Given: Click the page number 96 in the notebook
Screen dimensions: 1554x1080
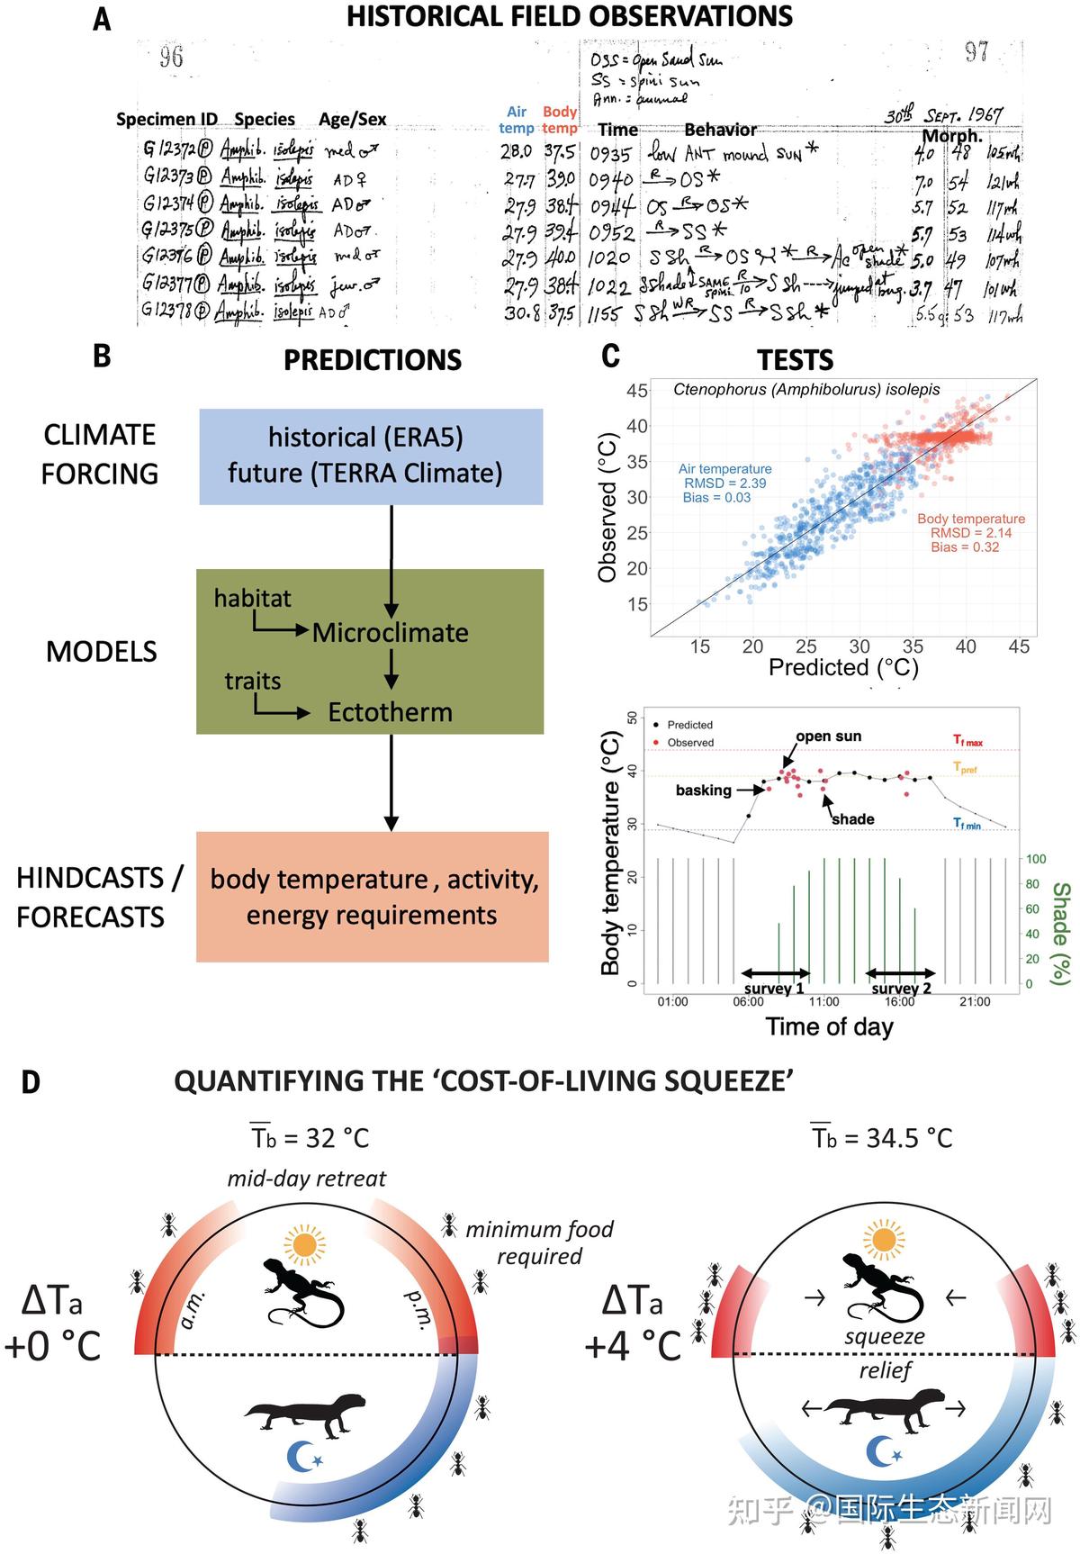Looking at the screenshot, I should (171, 58).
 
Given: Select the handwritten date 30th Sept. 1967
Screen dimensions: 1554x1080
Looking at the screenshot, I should (942, 116).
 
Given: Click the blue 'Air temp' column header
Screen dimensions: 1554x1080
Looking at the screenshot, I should (517, 120).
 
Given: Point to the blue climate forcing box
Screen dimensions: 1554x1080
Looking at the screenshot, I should (371, 456).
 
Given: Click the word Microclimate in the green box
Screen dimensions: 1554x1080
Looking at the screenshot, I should (390, 633).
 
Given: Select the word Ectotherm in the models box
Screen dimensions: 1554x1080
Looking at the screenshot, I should (390, 712).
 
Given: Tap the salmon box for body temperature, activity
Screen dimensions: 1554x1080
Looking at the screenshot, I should (373, 897).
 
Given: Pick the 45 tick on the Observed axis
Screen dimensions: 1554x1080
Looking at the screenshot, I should (637, 391).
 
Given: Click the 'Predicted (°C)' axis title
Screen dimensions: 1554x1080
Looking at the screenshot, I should (843, 667).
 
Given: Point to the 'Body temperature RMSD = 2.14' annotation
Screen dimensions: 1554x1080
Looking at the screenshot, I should (970, 533).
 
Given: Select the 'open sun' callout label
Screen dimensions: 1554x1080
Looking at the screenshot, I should (828, 736).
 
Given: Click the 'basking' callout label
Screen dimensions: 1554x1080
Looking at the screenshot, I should (703, 791).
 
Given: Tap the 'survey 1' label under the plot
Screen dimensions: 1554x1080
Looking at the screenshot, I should (774, 989).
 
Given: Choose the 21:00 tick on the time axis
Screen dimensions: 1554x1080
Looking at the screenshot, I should (975, 1002).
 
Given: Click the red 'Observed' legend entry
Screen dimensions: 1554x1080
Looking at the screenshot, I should (689, 743).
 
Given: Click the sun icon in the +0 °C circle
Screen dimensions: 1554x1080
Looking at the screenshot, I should (303, 1244).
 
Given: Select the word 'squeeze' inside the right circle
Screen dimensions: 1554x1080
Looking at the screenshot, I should (884, 1336).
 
